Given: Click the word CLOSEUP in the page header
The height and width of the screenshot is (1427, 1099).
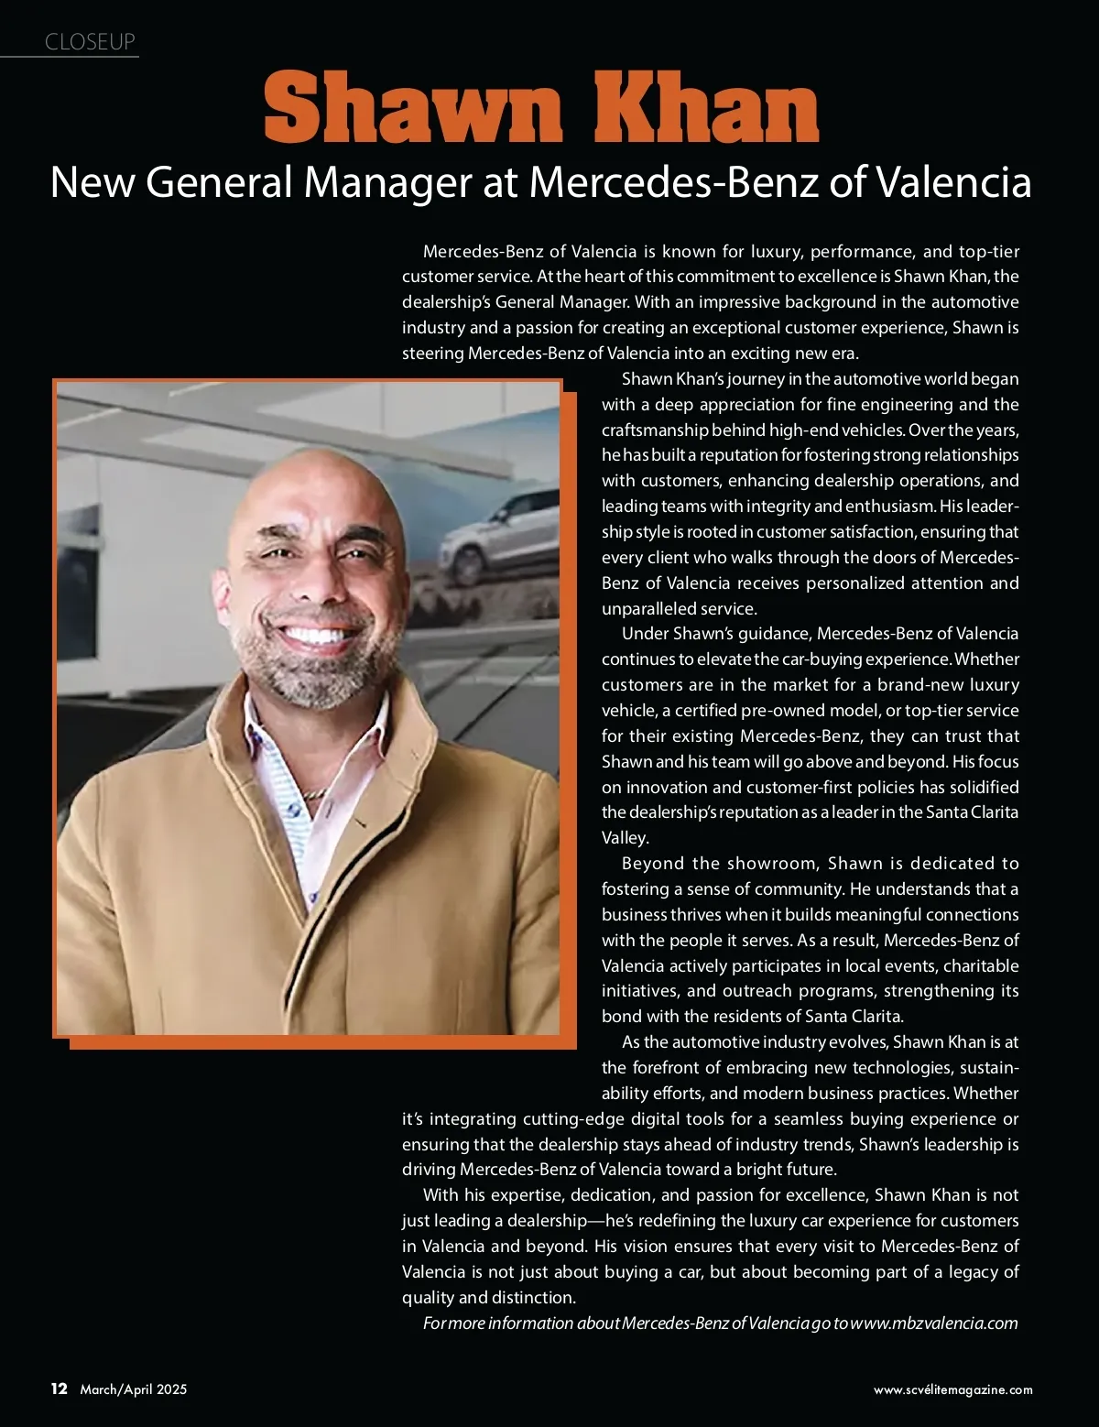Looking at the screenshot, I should pyautogui.click(x=90, y=42).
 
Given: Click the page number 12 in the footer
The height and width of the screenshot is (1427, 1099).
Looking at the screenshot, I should pyautogui.click(x=60, y=1389).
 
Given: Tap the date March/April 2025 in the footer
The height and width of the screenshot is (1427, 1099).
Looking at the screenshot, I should pyautogui.click(x=134, y=1389).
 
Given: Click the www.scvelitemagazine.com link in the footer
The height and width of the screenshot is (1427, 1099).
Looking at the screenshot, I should pyautogui.click(x=952, y=1389).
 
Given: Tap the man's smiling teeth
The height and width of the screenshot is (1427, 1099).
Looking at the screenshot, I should pyautogui.click(x=316, y=634).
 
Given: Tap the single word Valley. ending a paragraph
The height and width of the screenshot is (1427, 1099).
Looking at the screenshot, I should pyautogui.click(x=626, y=837).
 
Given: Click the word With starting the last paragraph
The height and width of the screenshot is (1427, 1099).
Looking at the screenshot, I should pyautogui.click(x=441, y=1195).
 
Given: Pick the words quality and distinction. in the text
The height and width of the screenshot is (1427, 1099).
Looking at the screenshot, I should pyautogui.click(x=489, y=1297).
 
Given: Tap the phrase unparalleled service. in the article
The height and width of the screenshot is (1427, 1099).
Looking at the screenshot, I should pyautogui.click(x=679, y=608).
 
